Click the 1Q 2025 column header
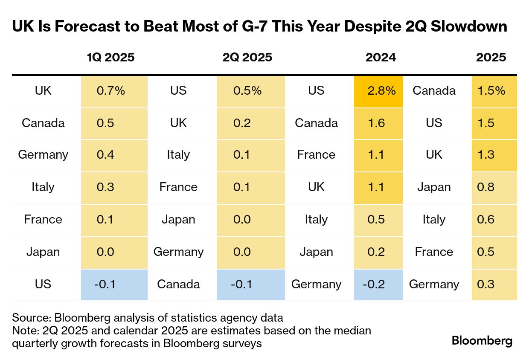tap(110, 57)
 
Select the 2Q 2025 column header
tap(247, 57)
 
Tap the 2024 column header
tap(381, 57)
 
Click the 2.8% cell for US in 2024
tap(378, 91)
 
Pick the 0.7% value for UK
tap(110, 91)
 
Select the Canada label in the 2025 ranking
tap(434, 91)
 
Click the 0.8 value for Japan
tap(486, 187)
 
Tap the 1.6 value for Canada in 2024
tap(376, 123)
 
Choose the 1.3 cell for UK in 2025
tap(486, 155)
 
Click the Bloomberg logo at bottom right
tap(482, 341)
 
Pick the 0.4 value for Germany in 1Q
tap(105, 155)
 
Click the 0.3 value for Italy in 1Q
tap(105, 187)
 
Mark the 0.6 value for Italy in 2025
tap(486, 220)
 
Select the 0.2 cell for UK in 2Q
tap(242, 123)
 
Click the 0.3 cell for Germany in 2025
tap(486, 284)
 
